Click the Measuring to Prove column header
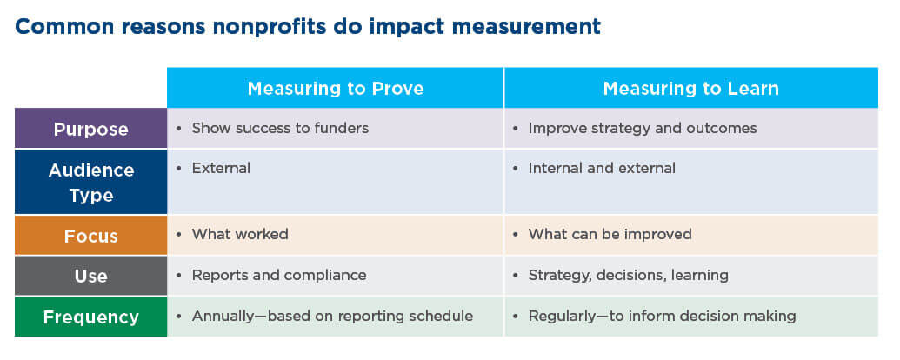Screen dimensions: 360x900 click(335, 89)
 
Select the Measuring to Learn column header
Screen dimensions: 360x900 click(690, 89)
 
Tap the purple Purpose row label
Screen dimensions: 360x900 click(90, 129)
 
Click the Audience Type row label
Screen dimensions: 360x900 click(90, 182)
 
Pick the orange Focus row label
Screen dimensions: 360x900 click(90, 235)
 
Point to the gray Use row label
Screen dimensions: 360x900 click(90, 276)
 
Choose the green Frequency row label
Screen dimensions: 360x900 click(90, 317)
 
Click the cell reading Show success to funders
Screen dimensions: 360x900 click(280, 129)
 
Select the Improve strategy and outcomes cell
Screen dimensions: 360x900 click(642, 129)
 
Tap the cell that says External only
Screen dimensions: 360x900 click(221, 169)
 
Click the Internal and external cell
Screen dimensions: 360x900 click(602, 169)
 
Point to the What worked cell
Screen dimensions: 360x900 click(239, 235)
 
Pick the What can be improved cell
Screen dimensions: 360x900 click(610, 235)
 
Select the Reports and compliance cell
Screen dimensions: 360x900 click(278, 276)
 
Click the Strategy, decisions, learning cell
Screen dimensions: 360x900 click(628, 276)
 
